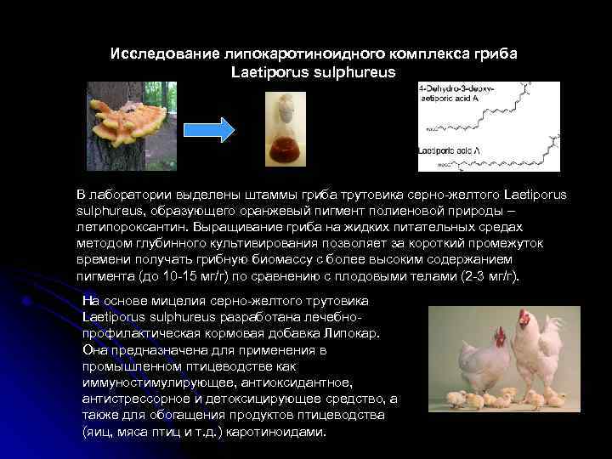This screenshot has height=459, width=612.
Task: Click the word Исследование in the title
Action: tap(163, 54)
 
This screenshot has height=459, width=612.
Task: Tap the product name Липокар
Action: tap(354, 333)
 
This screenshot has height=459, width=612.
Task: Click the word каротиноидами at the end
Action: tap(281, 431)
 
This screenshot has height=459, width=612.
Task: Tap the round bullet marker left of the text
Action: tap(29, 300)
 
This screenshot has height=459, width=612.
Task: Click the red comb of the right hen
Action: tap(522, 314)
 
